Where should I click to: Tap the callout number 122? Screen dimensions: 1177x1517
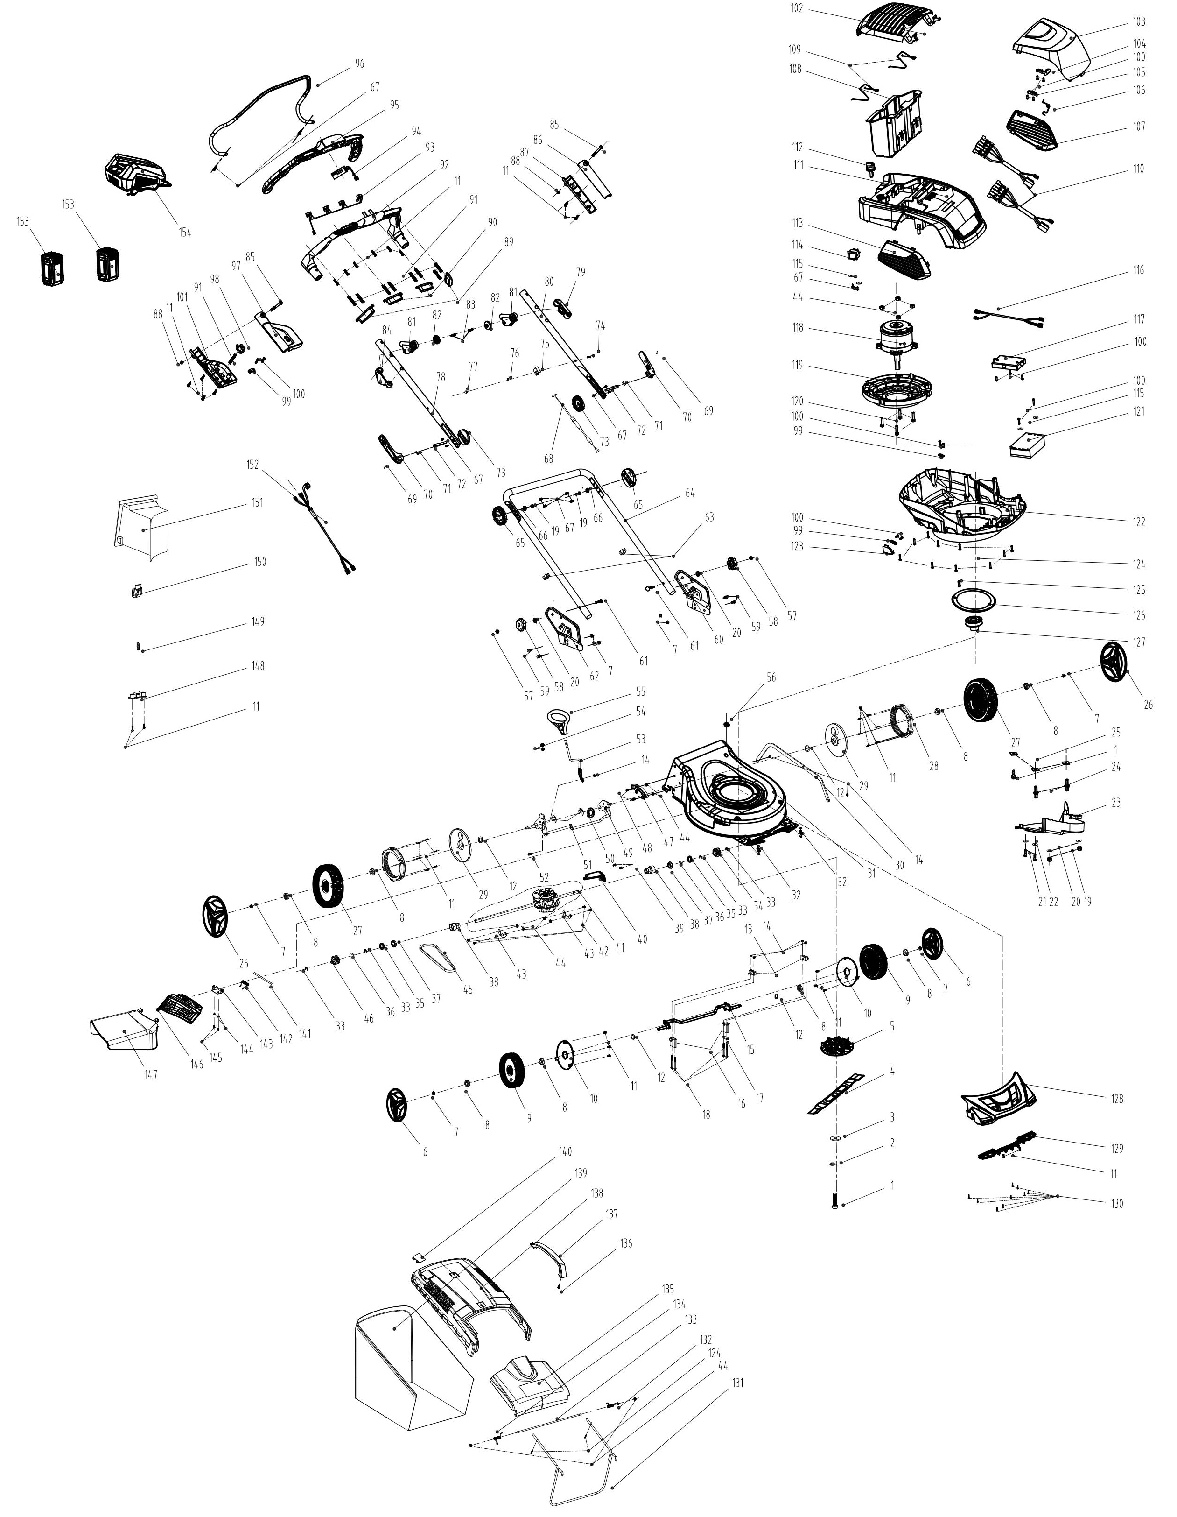[1138, 522]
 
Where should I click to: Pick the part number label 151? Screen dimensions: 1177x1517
[258, 503]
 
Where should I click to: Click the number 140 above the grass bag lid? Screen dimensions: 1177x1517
[565, 1152]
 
